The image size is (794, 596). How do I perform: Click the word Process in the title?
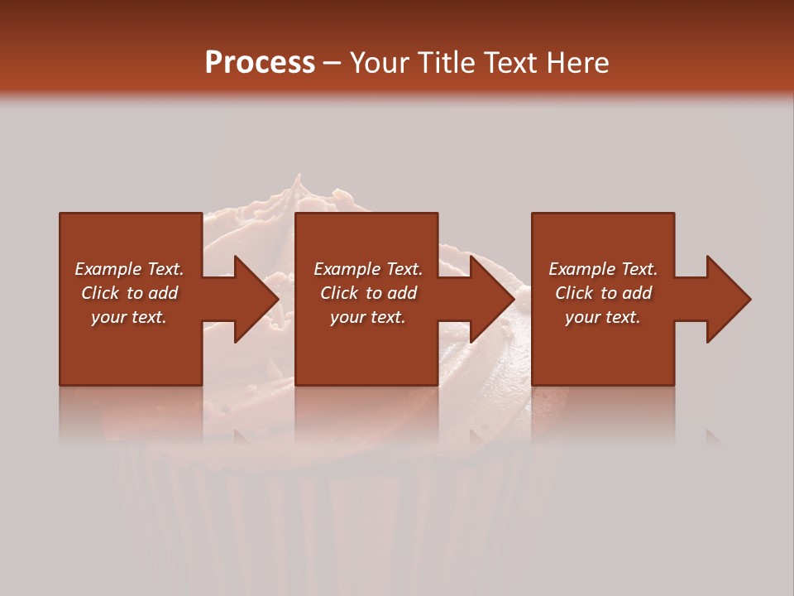[260, 62]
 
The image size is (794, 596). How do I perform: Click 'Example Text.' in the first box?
[129, 269]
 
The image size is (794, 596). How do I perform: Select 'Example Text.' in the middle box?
[368, 269]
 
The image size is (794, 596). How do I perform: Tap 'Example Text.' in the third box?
[603, 269]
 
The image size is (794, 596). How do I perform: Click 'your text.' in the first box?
[129, 317]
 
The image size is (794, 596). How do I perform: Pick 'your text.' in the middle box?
[368, 317]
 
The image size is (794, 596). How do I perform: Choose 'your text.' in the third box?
[603, 317]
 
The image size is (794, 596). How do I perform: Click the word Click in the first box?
[101, 293]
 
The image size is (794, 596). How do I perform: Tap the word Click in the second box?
[340, 293]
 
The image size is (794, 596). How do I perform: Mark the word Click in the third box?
[575, 293]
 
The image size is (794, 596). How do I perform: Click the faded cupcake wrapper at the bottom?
[331, 513]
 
